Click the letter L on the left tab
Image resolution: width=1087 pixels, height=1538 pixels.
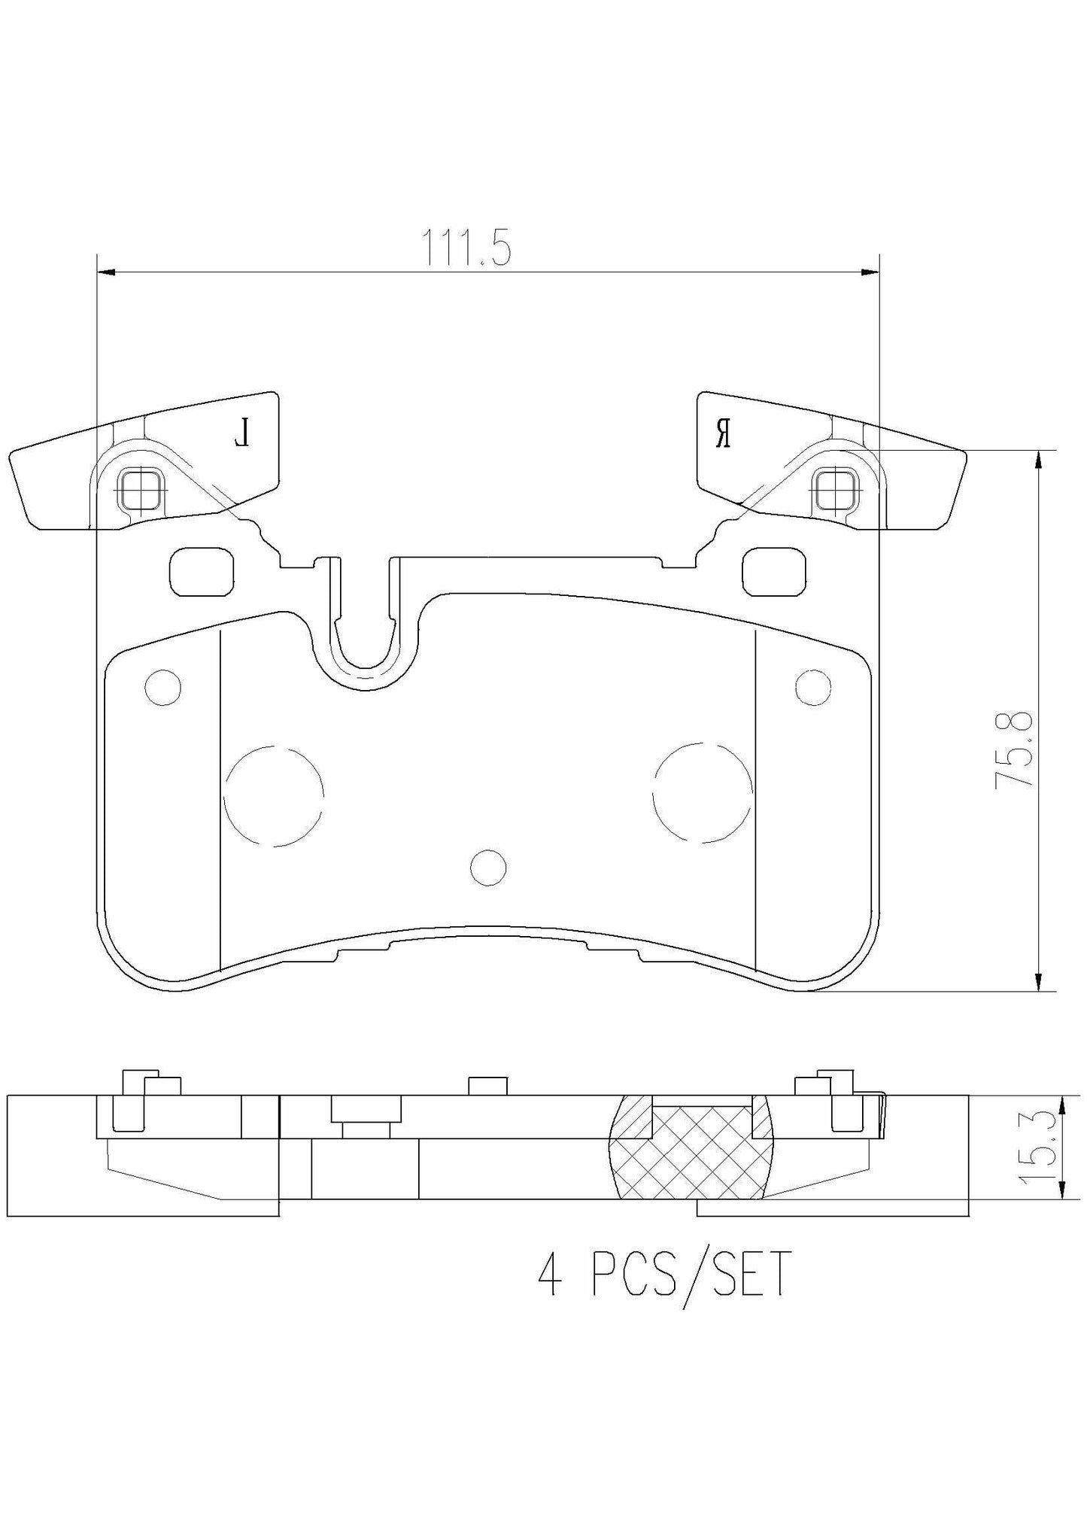tap(241, 434)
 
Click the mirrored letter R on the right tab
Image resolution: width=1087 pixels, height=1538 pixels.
tap(723, 434)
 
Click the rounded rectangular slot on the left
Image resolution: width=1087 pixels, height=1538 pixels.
tap(201, 571)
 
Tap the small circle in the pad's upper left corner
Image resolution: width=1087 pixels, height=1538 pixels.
tap(162, 686)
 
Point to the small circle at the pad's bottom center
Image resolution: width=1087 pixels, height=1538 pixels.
tap(487, 867)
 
